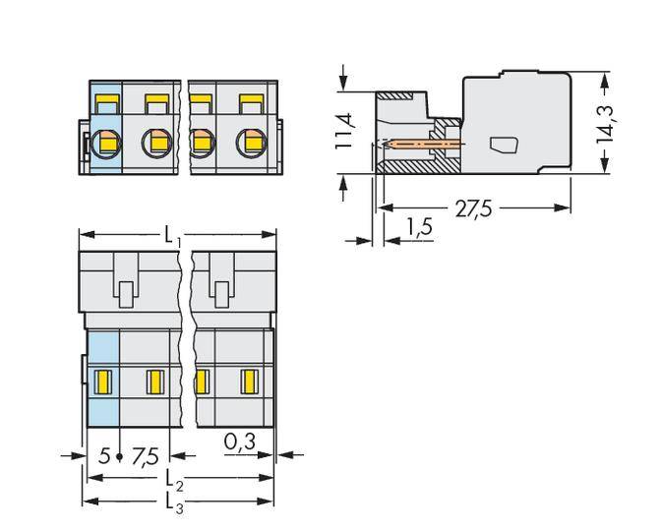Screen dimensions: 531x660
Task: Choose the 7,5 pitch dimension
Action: click(x=146, y=456)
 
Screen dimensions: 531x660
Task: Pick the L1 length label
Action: click(x=171, y=236)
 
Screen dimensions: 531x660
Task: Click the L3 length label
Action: click(x=173, y=504)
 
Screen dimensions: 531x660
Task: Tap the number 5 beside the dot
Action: click(x=104, y=456)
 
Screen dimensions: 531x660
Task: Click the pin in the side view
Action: click(x=423, y=144)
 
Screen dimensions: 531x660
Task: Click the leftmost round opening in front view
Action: click(x=104, y=145)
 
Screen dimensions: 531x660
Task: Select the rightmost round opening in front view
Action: click(x=251, y=145)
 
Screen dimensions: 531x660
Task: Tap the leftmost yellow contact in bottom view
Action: click(x=103, y=380)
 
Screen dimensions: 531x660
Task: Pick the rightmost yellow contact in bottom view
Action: click(x=250, y=380)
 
